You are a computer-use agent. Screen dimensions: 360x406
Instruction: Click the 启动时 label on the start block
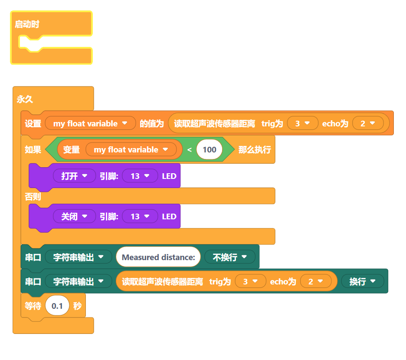tap(27, 24)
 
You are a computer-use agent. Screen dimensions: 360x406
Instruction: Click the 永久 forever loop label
tap(25, 99)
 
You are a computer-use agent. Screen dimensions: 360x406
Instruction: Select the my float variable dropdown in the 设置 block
tap(91, 124)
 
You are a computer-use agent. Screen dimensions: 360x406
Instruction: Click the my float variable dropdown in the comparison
tap(131, 150)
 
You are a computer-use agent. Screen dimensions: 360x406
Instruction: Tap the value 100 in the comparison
tap(209, 150)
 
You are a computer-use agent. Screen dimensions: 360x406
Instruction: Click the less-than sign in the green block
tap(189, 150)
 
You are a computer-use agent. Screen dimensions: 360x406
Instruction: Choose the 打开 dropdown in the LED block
tap(74, 176)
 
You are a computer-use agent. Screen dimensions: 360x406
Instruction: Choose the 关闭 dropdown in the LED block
tap(74, 216)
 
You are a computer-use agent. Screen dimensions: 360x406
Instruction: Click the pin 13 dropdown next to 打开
tap(140, 176)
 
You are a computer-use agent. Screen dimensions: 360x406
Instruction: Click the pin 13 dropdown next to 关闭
tap(140, 216)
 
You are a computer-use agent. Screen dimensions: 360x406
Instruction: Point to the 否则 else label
tap(33, 196)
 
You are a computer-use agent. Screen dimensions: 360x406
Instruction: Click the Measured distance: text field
tap(158, 257)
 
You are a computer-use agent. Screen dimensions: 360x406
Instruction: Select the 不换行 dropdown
tap(229, 257)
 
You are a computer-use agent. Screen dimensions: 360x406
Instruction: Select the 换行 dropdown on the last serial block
tap(363, 281)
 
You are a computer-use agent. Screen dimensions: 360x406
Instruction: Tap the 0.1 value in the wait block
tap(57, 306)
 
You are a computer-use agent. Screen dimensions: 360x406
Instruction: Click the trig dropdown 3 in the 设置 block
tap(302, 124)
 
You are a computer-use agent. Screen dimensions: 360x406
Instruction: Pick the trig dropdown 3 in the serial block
tap(250, 281)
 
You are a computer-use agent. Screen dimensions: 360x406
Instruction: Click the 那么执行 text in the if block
tap(255, 150)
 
